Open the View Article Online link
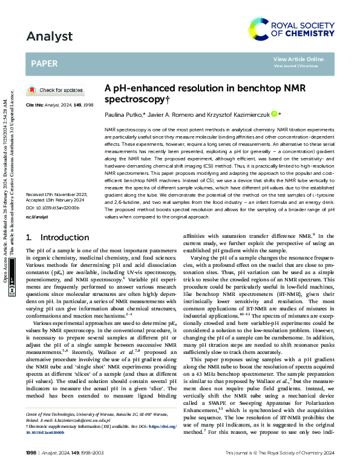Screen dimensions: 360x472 click(298, 59)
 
